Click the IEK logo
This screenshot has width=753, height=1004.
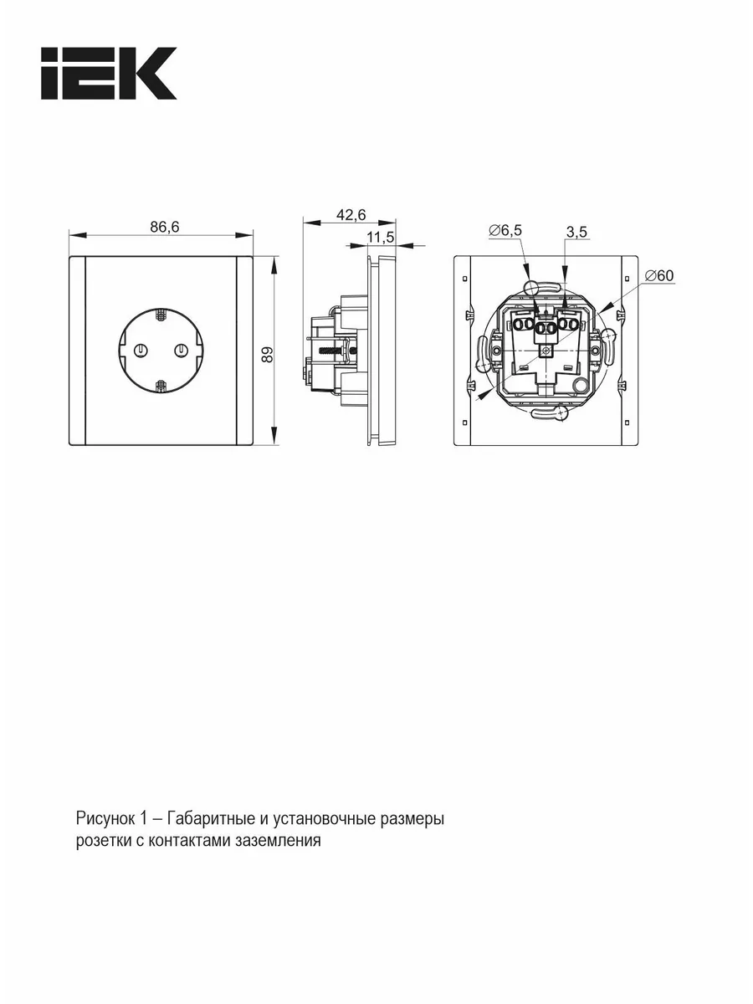click(x=109, y=73)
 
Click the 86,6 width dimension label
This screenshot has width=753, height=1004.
click(x=165, y=227)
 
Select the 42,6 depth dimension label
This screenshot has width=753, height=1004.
click(x=351, y=214)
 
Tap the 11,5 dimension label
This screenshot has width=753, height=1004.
click(x=380, y=237)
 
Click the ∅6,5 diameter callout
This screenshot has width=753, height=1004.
click(x=505, y=230)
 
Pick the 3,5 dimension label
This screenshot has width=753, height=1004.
click(x=576, y=232)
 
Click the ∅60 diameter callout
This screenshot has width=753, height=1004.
click(x=658, y=275)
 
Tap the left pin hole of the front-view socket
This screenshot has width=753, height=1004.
click(x=141, y=351)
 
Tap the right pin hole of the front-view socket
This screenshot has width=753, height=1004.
click(x=181, y=351)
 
